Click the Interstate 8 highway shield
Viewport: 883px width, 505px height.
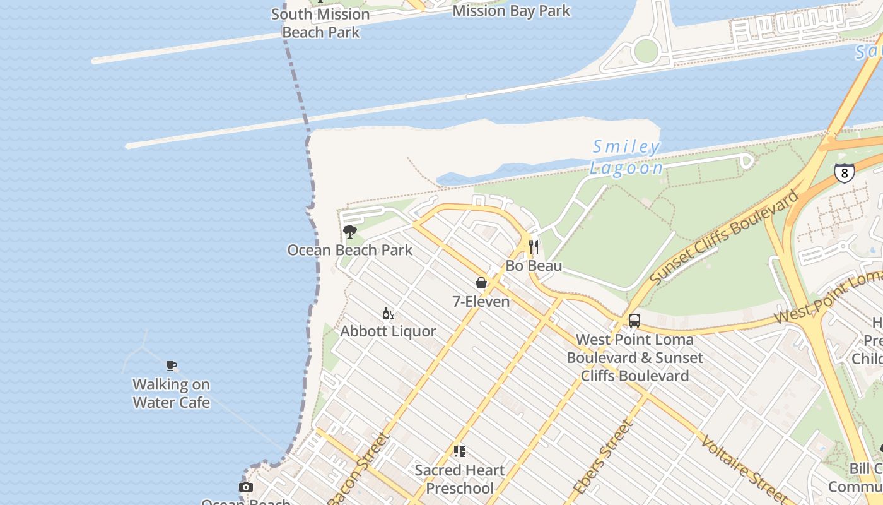coord(844,173)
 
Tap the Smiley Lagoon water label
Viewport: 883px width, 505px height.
coord(626,157)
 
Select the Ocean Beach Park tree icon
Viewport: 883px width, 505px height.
coord(349,232)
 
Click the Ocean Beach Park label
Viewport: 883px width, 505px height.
coord(350,250)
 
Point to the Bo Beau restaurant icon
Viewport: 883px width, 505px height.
coord(534,246)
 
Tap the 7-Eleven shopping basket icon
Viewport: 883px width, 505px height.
coord(481,283)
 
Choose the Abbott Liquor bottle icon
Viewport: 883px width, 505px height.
coord(388,313)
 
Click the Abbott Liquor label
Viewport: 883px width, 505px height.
coord(388,331)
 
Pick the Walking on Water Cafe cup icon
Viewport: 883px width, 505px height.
coord(171,365)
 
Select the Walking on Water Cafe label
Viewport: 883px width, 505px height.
coord(171,393)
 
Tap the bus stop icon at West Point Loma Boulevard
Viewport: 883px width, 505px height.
coord(634,321)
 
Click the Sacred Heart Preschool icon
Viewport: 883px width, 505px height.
coord(460,451)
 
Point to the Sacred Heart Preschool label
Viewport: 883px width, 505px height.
coord(460,479)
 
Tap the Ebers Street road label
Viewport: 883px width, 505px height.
coord(602,458)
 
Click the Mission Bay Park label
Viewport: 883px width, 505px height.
coord(511,11)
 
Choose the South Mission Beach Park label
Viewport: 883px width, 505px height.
coord(320,23)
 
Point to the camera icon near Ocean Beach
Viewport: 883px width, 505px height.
coord(246,487)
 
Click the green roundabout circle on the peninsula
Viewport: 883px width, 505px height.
coord(645,50)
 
